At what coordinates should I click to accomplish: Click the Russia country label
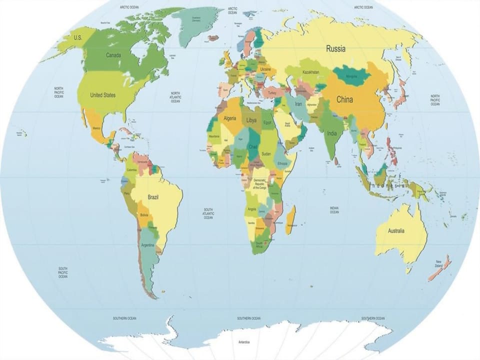(335, 49)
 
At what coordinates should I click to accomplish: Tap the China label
(344, 99)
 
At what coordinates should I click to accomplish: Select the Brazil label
(153, 197)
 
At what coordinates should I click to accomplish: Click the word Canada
(113, 55)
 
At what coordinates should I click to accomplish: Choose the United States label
(102, 95)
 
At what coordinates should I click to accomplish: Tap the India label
(332, 133)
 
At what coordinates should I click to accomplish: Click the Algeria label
(229, 118)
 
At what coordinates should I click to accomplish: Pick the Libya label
(251, 120)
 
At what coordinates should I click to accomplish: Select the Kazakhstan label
(310, 72)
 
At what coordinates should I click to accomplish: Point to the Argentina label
(148, 245)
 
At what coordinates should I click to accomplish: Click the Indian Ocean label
(334, 210)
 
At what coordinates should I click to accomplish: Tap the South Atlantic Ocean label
(208, 213)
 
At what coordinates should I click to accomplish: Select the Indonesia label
(388, 185)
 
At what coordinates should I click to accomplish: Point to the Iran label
(299, 104)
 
